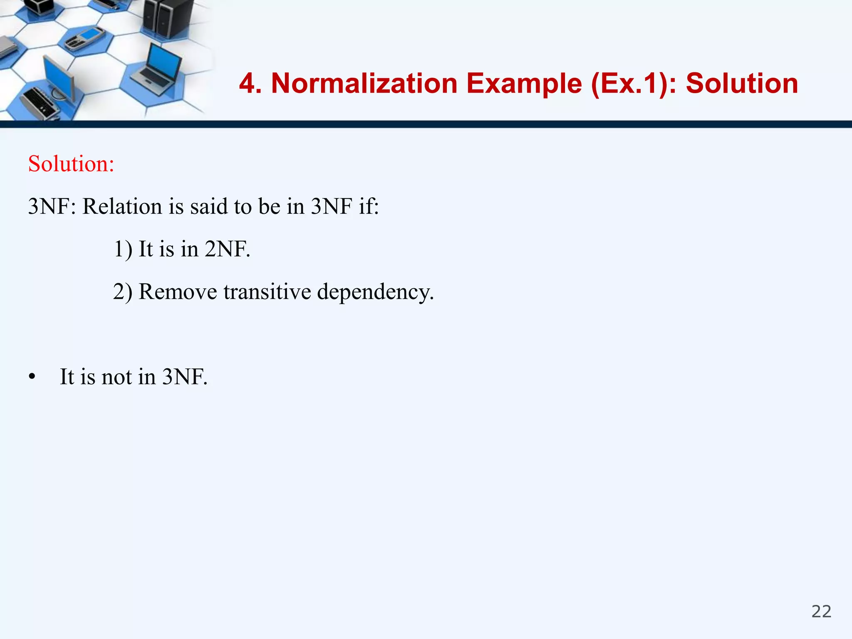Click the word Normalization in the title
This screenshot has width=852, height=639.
click(364, 83)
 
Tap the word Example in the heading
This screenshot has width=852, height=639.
click(524, 83)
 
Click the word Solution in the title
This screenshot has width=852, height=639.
click(742, 83)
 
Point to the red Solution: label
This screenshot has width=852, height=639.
click(71, 163)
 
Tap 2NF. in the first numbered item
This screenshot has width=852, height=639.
click(228, 249)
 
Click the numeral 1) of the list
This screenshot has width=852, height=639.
click(123, 249)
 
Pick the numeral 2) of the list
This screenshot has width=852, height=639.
click(123, 291)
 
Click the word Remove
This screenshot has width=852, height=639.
click(178, 291)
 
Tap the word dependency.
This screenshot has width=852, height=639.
click(375, 292)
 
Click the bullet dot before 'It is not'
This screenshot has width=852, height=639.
click(32, 377)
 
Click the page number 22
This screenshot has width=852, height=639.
click(821, 612)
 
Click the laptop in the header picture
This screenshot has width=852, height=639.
click(158, 67)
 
